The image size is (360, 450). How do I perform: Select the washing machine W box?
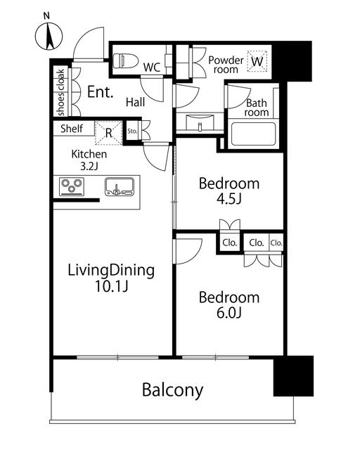tap(257, 61)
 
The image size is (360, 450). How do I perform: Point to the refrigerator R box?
tap(108, 133)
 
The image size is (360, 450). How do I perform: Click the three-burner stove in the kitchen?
tap(72, 186)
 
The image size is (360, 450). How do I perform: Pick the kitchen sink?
tap(119, 186)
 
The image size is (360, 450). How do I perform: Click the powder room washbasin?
tap(200, 122)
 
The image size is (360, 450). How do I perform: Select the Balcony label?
tap(172, 390)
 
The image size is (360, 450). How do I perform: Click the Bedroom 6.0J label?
tap(229, 305)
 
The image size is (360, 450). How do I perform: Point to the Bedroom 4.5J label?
tap(229, 191)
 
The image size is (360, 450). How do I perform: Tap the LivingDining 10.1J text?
tap(111, 278)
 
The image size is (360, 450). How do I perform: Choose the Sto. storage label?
tap(132, 131)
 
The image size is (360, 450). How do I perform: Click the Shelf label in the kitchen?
tap(72, 129)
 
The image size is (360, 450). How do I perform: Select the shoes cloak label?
tap(61, 92)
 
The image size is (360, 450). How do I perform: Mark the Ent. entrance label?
tap(100, 92)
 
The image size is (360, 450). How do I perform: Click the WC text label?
tap(152, 67)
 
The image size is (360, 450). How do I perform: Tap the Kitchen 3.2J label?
tap(89, 160)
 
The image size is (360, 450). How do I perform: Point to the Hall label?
tap(135, 102)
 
